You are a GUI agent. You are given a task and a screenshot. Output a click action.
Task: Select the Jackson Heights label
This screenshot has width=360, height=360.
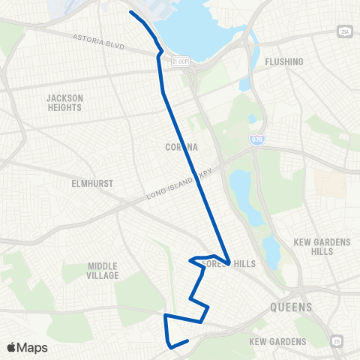[64, 102]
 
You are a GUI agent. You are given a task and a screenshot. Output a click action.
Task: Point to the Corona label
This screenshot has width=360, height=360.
[181, 148]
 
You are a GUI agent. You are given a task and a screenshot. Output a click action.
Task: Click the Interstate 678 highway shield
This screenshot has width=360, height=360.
[257, 139]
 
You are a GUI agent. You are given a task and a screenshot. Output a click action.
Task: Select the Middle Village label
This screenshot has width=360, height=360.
[103, 270]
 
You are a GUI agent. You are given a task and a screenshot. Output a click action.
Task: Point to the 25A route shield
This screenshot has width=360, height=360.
[344, 31]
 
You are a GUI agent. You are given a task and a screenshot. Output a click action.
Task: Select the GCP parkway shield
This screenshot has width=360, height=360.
[182, 62]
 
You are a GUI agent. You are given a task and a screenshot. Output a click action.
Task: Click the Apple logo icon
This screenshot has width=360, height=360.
[13, 346]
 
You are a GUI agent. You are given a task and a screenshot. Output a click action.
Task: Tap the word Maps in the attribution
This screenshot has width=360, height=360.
[34, 347]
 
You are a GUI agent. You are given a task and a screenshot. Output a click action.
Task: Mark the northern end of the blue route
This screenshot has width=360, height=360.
[130, 12]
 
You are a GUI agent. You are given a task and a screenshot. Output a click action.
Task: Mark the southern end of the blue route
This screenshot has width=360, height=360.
[186, 341]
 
